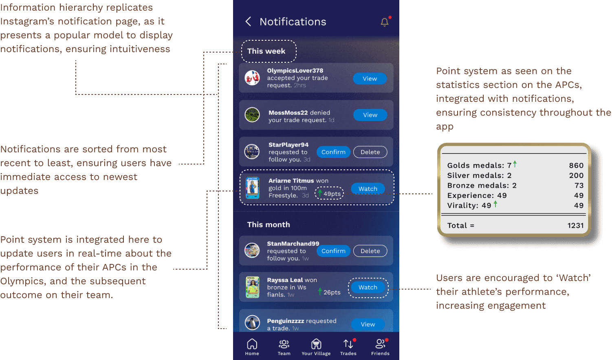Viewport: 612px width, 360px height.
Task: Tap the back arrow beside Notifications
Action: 248,22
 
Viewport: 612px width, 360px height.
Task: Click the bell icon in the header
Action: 385,22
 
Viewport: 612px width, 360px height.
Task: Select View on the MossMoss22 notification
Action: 370,115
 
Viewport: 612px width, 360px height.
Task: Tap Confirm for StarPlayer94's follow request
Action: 333,152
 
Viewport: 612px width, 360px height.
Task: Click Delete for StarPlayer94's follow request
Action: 370,152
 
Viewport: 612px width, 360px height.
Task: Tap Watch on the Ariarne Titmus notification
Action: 368,189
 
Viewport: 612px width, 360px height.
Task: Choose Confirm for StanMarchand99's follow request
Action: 333,251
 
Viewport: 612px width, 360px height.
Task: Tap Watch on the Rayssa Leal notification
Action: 368,287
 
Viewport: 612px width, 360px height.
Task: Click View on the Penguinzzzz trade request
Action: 368,324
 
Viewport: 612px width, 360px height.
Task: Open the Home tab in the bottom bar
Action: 252,347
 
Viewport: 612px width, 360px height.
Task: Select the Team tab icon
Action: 284,347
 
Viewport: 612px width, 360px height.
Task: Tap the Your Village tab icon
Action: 316,347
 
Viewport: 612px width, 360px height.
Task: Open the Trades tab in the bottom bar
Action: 348,347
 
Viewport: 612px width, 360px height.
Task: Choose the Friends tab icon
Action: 380,347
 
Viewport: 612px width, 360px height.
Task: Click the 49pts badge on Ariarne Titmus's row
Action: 330,193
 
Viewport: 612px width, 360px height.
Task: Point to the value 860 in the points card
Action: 576,165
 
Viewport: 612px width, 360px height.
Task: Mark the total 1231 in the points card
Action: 575,225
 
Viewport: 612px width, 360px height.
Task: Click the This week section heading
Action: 266,51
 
